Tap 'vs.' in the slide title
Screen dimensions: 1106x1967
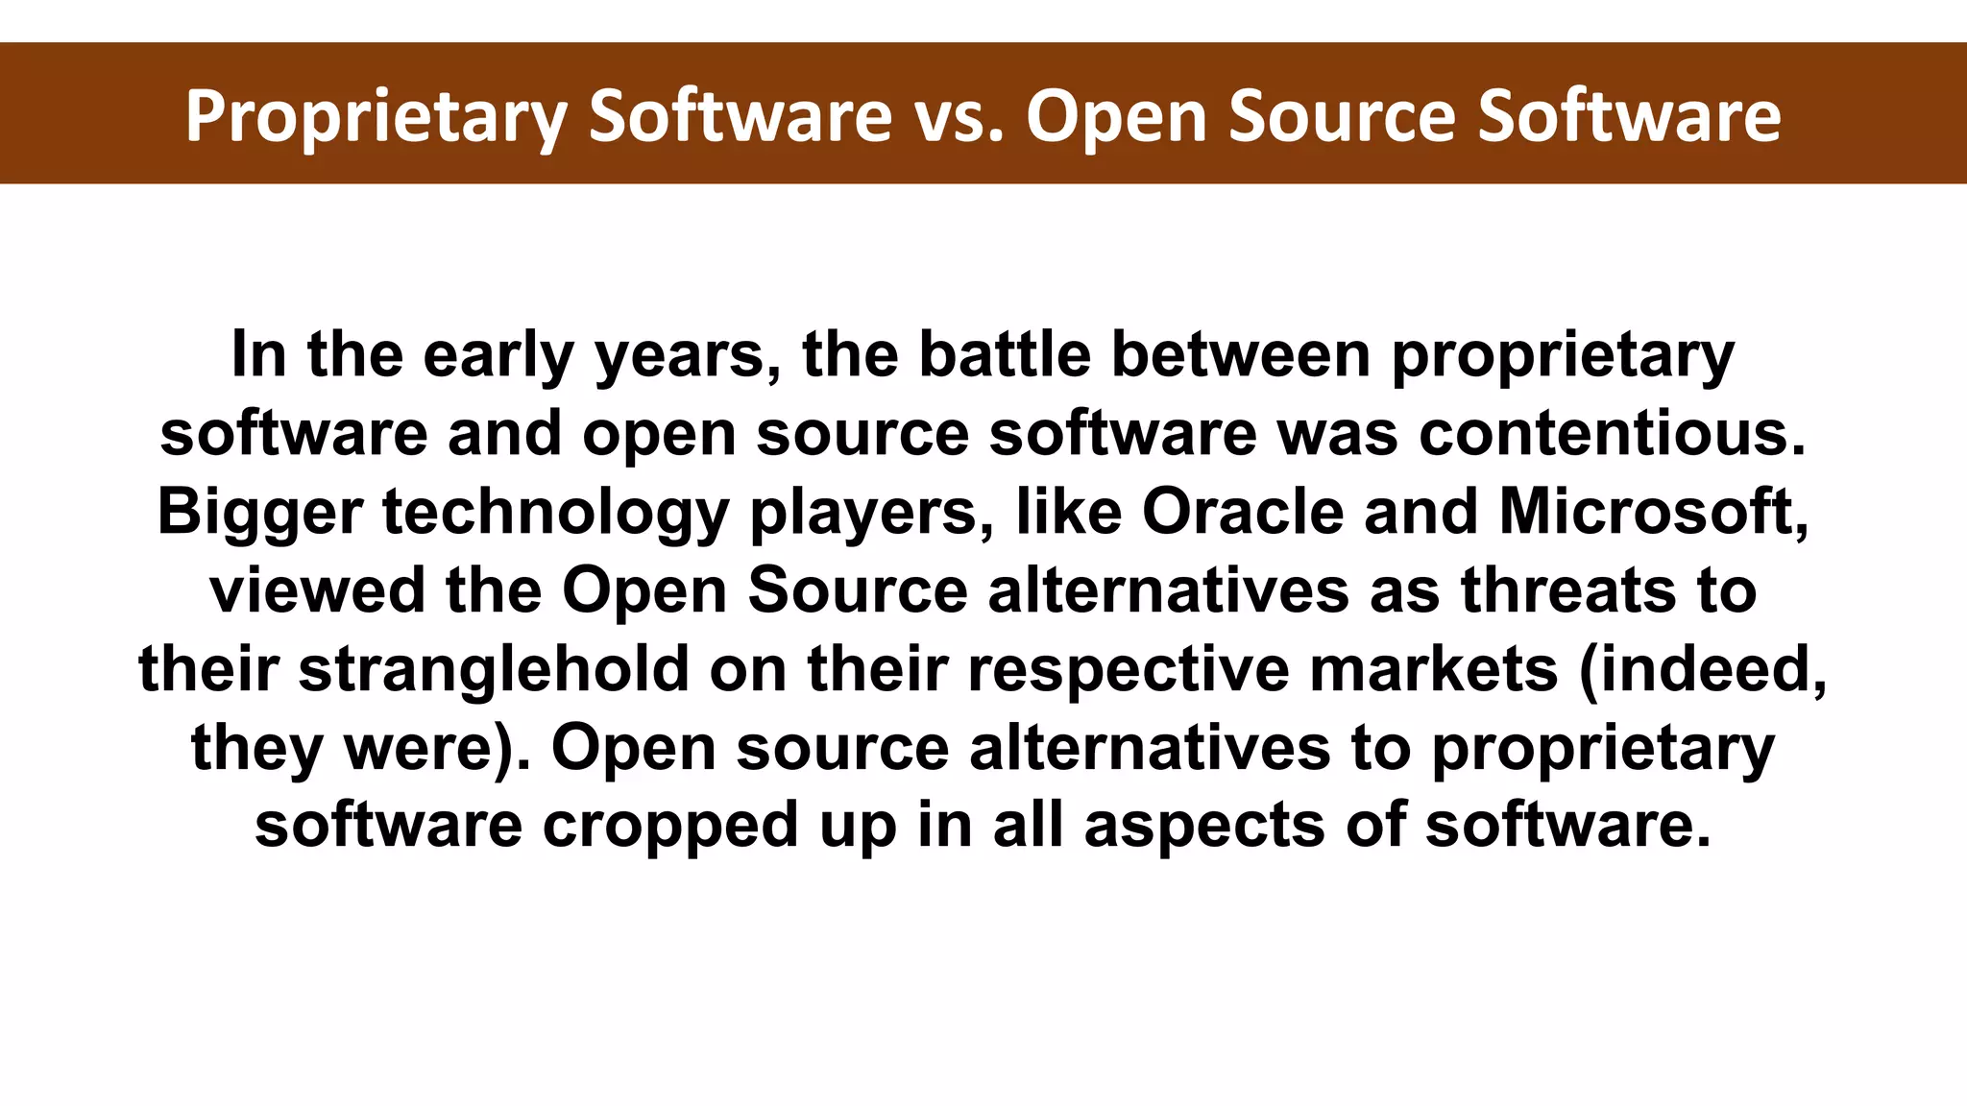(959, 117)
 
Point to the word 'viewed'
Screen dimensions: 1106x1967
(317, 590)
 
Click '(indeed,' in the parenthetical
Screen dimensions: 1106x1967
(1703, 669)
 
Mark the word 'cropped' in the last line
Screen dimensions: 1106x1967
(670, 827)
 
